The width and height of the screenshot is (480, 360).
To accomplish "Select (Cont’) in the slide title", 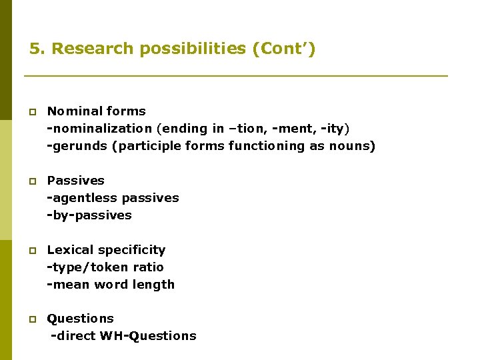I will click(284, 49).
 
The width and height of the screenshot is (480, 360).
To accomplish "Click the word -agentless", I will click(81, 198).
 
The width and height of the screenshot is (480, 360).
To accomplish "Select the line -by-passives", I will click(89, 215).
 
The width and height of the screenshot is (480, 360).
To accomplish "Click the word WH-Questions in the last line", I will click(148, 336).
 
